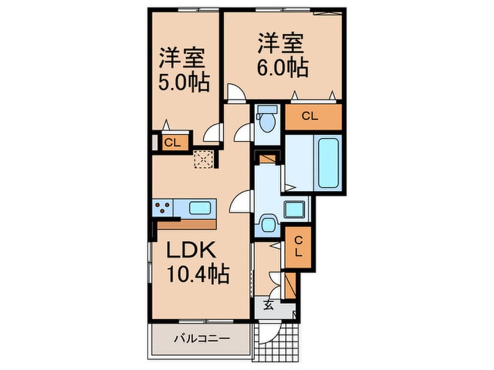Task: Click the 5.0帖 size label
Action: tap(184, 83)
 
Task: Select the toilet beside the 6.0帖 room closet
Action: tap(268, 121)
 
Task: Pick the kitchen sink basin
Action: tap(200, 207)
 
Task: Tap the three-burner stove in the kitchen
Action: tap(163, 207)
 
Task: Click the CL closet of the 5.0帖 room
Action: tap(171, 142)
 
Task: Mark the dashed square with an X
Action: tap(204, 159)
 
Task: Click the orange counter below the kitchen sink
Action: tap(187, 223)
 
